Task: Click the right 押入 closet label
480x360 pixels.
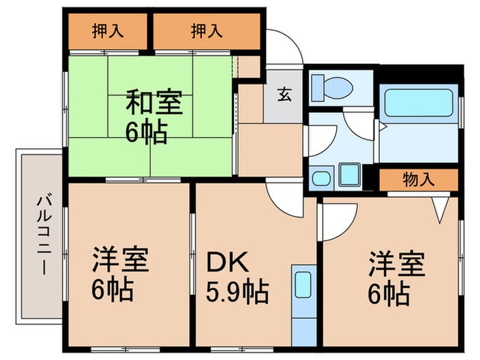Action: (206, 31)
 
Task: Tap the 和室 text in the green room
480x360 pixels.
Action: (153, 105)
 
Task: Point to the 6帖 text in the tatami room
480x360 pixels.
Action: (145, 132)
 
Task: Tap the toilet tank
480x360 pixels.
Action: (318, 88)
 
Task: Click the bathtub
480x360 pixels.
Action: (419, 103)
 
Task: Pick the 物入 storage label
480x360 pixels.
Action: (418, 180)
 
